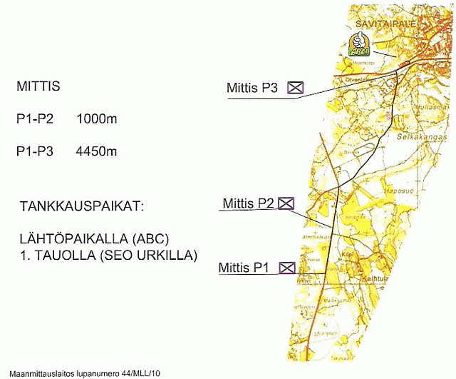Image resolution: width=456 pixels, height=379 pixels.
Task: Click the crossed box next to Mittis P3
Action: [x=295, y=89]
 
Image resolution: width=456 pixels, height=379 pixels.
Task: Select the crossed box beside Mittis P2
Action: [x=286, y=203]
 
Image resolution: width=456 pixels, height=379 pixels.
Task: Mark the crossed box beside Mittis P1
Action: [x=288, y=268]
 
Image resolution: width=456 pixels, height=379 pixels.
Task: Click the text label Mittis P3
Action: [x=252, y=89]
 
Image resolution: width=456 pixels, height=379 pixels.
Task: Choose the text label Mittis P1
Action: [x=244, y=268]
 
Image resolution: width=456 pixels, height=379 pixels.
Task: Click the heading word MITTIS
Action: [x=38, y=87]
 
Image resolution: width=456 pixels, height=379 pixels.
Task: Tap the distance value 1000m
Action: [x=96, y=119]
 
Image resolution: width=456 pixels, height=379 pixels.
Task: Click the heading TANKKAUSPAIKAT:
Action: [x=83, y=206]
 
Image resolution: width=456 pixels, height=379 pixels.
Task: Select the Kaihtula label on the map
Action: [x=377, y=278]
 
